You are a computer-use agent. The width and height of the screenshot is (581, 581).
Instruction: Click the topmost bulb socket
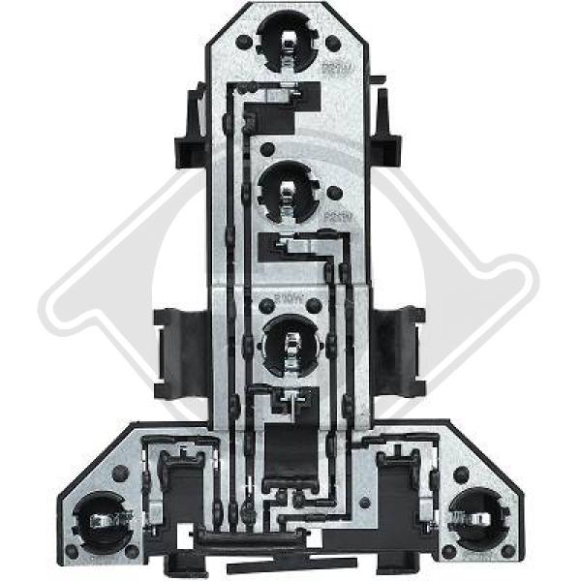coord(290,43)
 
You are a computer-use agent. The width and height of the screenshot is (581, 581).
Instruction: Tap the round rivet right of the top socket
coord(332,44)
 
